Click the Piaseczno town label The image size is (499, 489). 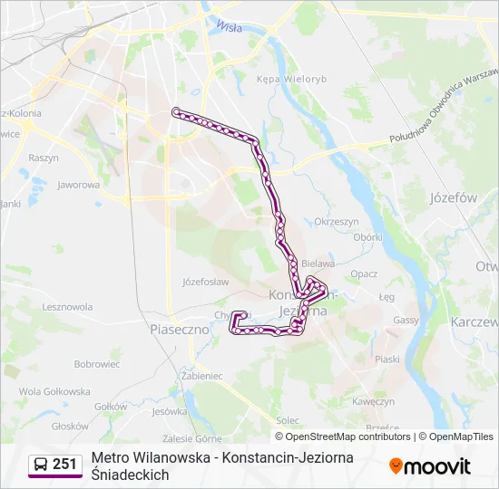tap(180, 330)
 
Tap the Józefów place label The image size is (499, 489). tap(454, 197)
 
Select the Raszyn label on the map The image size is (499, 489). tap(44, 157)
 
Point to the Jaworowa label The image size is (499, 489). tap(78, 185)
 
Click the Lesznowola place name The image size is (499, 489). tap(67, 307)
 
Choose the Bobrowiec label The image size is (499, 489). tap(97, 364)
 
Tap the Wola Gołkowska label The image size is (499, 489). tap(54, 391)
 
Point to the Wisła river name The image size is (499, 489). tap(230, 27)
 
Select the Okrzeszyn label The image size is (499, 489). tap(337, 221)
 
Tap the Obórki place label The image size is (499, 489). tap(367, 237)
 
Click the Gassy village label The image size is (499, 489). tap(406, 320)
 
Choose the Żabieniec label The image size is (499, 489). tap(202, 375)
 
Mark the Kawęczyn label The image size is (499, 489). tap(373, 401)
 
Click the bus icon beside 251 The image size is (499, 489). tap(40, 465)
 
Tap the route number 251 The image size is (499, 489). tap(65, 465)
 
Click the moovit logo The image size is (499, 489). tap(430, 466)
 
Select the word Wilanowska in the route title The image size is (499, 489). tap(170, 458)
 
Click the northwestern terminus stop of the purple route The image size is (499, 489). tap(176, 111)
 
